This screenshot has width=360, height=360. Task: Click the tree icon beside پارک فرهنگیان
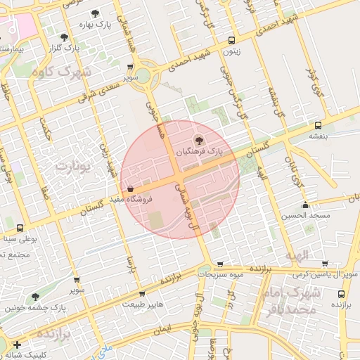(x=198, y=141)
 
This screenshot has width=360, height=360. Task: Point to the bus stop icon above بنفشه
(x=319, y=125)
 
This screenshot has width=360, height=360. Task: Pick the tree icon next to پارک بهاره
(x=95, y=14)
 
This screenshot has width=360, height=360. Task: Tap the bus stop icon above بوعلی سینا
(x=19, y=228)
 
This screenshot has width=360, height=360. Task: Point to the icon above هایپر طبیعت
(x=143, y=294)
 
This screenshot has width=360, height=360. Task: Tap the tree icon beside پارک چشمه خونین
(x=36, y=297)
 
